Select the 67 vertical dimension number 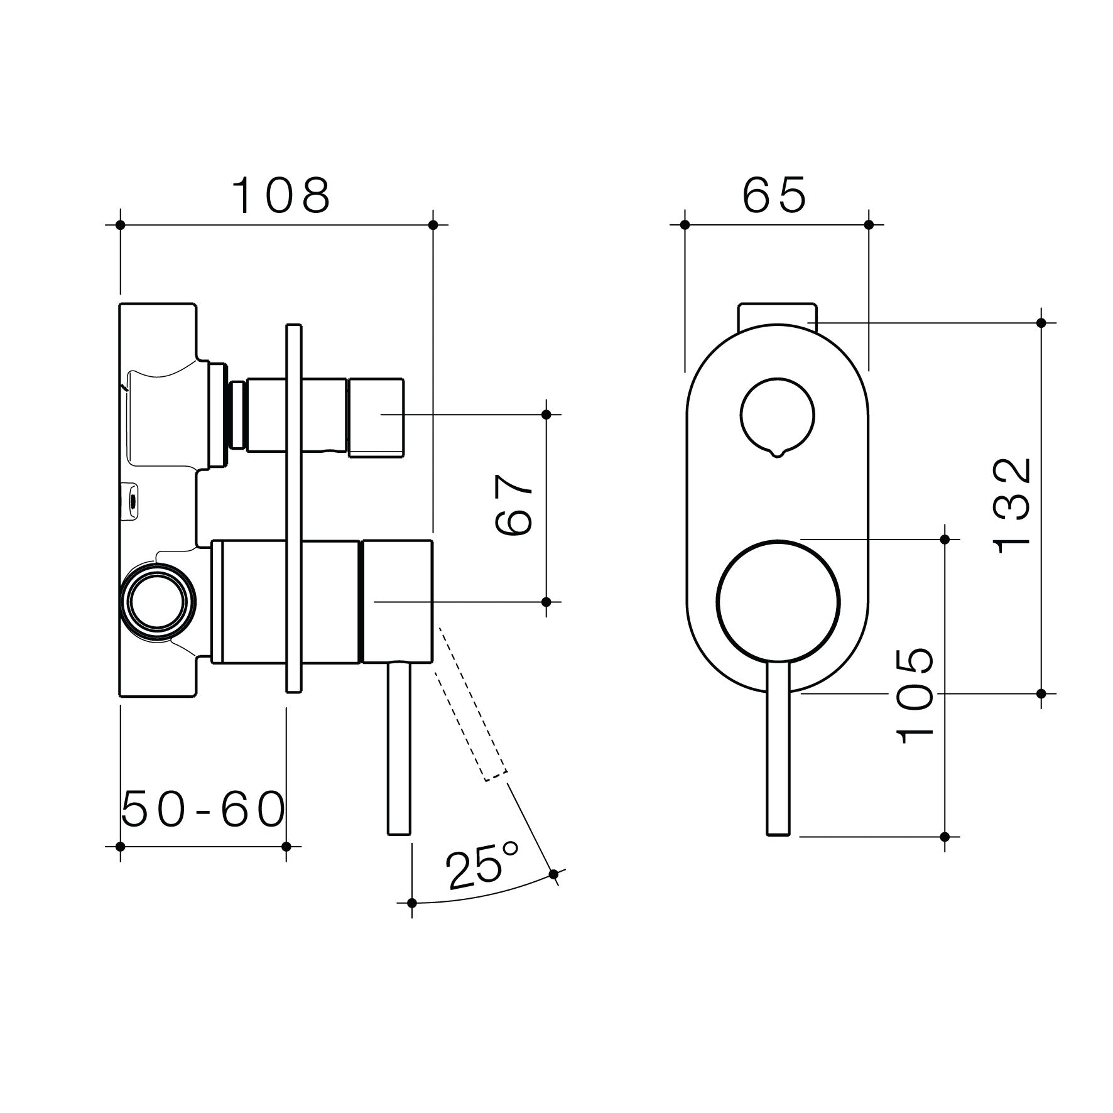[x=514, y=505]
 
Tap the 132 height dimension [x=1013, y=505]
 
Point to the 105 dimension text [x=916, y=696]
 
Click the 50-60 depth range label [x=203, y=810]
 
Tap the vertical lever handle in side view [x=399, y=747]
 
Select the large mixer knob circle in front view [x=778, y=601]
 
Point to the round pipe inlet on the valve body [x=159, y=598]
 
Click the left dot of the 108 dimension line [x=121, y=224]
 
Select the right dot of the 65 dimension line [x=869, y=224]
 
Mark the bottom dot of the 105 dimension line [x=945, y=836]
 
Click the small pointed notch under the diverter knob [x=778, y=453]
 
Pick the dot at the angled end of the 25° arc [x=553, y=874]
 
